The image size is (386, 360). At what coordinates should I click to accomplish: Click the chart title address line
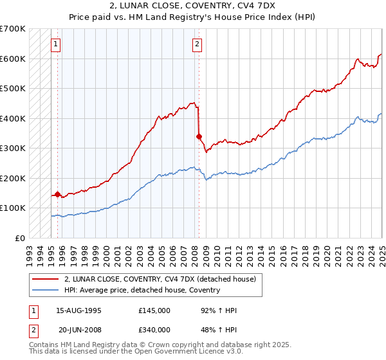coord(192,5)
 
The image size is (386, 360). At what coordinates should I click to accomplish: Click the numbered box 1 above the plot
coord(56,44)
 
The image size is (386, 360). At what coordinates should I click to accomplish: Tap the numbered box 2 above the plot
coord(197,44)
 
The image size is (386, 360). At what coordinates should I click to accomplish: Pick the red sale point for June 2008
coord(199,136)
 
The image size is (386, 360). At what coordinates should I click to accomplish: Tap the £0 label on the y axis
coord(20,238)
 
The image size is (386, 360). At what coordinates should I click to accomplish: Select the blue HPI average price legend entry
coord(142,290)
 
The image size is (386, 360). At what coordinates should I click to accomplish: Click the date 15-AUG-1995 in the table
coord(78,310)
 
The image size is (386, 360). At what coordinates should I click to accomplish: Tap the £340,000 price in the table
coord(154,330)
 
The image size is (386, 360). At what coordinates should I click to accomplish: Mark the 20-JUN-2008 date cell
coord(78,330)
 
